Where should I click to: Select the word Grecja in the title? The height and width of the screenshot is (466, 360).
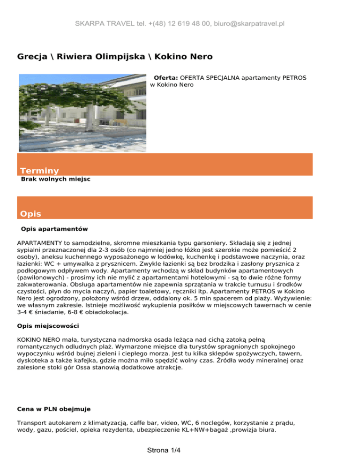32,57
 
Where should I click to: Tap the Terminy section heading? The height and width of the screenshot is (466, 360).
39,171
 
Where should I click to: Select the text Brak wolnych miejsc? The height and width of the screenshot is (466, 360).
56,180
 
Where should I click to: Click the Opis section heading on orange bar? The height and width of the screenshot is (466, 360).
30,214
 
